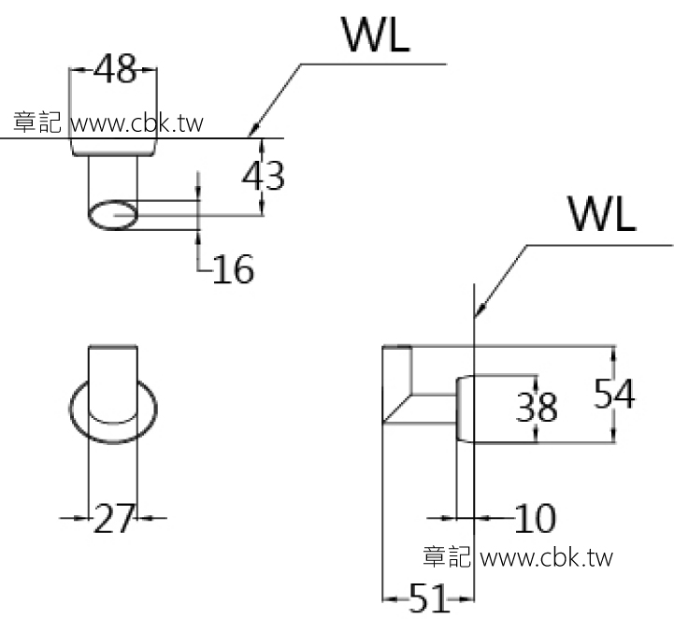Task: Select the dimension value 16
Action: coord(233,269)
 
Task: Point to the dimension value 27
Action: coord(113,517)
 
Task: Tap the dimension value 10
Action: coord(534,517)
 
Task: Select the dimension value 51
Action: coord(428,599)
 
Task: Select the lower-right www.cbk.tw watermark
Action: coord(546,558)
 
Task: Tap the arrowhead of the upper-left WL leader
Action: coord(254,132)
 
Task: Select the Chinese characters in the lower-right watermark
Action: coord(445,558)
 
